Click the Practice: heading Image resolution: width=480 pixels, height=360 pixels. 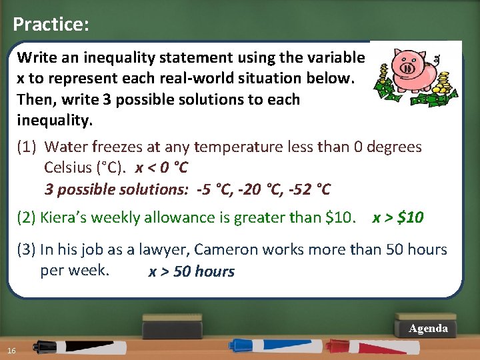click(51, 25)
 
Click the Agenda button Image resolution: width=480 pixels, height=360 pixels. click(428, 328)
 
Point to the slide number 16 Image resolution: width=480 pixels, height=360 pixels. click(12, 351)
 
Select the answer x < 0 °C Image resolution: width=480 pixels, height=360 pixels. click(161, 167)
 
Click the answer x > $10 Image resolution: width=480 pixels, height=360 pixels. click(398, 217)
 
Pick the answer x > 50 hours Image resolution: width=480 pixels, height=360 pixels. click(191, 272)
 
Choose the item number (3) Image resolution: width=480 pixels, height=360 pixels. click(27, 249)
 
